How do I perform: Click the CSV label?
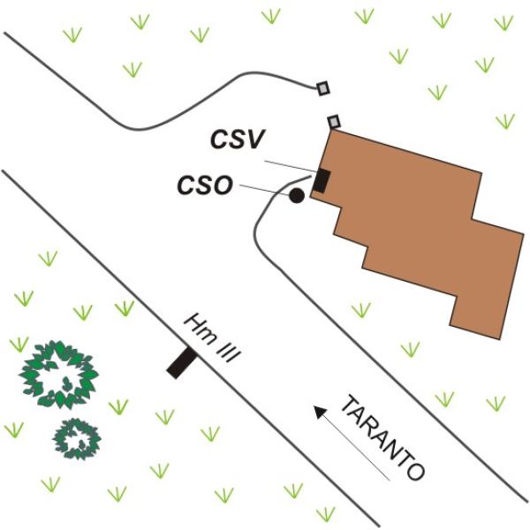tap(236, 140)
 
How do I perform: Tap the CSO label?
tap(205, 185)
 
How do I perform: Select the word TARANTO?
tap(382, 438)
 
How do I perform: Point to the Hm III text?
tap(212, 338)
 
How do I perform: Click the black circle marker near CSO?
tap(297, 196)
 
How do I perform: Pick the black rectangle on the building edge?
tap(322, 181)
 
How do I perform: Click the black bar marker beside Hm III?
tap(181, 363)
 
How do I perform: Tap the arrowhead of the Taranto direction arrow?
tap(320, 412)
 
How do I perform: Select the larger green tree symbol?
tap(59, 375)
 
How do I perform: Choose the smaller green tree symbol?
tap(77, 439)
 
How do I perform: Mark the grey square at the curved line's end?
tap(323, 88)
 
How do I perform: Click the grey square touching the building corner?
tap(334, 122)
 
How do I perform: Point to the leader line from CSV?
tap(290, 166)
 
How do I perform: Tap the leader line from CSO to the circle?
tap(265, 190)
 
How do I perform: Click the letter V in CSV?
tap(253, 140)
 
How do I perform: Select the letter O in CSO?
tap(223, 185)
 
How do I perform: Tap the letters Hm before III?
tap(201, 328)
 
